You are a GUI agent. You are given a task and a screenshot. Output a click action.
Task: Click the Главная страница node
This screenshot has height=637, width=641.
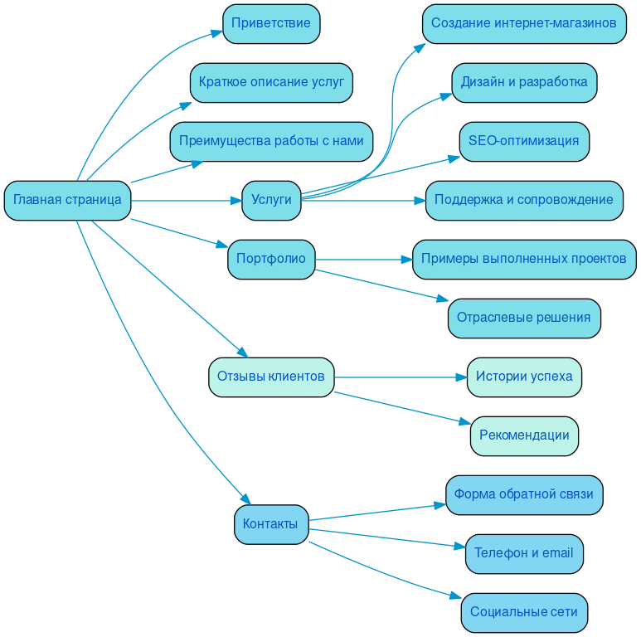point(67,201)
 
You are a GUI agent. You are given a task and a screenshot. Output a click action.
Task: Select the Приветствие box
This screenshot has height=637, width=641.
point(271,24)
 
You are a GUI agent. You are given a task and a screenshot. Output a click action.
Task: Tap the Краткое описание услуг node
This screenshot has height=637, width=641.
point(271,83)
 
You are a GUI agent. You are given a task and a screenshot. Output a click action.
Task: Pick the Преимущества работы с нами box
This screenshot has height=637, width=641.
point(271,142)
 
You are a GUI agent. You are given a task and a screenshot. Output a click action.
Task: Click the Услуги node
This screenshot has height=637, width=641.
point(271,201)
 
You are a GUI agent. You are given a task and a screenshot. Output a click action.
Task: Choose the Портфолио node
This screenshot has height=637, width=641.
point(271,260)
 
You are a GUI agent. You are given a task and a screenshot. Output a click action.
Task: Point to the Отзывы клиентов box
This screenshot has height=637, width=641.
point(271,377)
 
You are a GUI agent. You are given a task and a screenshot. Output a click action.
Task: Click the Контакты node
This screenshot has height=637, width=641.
point(271,524)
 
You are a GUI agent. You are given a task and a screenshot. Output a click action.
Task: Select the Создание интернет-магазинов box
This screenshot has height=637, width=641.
point(524,24)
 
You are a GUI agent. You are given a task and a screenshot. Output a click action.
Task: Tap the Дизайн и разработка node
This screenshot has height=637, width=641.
point(524,83)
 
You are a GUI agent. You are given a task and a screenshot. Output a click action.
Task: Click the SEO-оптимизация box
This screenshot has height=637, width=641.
point(524,142)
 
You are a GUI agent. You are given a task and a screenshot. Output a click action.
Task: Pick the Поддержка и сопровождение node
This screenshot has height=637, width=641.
point(524,201)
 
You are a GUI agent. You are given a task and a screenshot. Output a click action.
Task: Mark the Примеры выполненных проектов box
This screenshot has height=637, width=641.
point(524,260)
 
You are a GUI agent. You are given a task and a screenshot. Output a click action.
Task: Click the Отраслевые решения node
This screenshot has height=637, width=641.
point(524,318)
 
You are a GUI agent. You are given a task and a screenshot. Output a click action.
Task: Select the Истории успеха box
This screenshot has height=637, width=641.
point(524,377)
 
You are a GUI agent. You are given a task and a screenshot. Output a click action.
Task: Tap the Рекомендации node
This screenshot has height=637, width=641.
point(524,436)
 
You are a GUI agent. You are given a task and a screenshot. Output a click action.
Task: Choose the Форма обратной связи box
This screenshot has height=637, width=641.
point(524,495)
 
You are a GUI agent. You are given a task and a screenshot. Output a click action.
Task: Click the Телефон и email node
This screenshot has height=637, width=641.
point(524,554)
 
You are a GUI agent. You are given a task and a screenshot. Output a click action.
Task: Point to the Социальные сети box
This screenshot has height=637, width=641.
point(524,613)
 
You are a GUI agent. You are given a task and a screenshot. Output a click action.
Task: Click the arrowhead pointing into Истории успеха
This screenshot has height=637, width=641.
point(461,377)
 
